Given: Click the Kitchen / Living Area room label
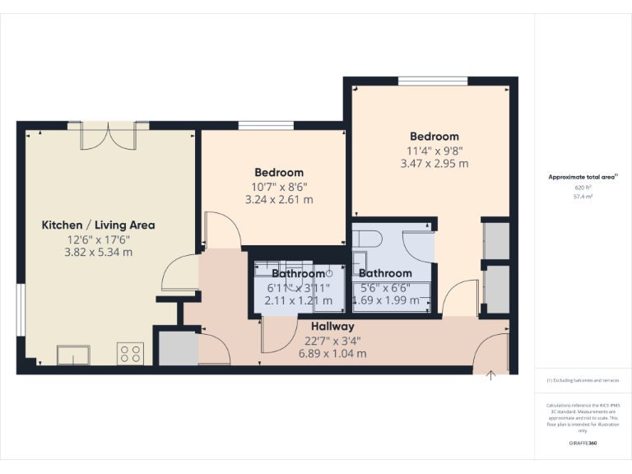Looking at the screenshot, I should pyautogui.click(x=98, y=225).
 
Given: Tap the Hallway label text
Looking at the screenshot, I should pyautogui.click(x=332, y=327).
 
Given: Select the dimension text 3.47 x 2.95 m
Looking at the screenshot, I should pyautogui.click(x=434, y=164).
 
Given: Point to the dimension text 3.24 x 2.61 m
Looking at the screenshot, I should pyautogui.click(x=279, y=199).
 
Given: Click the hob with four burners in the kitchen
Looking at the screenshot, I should pyautogui.click(x=130, y=354).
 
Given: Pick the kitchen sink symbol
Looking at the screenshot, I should pyautogui.click(x=73, y=355).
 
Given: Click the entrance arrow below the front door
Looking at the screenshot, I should pyautogui.click(x=491, y=377).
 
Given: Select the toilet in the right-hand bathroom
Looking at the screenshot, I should pyautogui.click(x=367, y=239).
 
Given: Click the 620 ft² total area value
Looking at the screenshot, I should pyautogui.click(x=583, y=188).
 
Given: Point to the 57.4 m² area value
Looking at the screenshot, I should pyautogui.click(x=583, y=197).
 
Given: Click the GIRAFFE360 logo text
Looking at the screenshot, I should pyautogui.click(x=583, y=444).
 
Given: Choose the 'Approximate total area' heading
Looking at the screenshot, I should pyautogui.click(x=582, y=177).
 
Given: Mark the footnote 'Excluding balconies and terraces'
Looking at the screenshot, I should pyautogui.click(x=582, y=380).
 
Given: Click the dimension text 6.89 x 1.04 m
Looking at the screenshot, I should pyautogui.click(x=332, y=353).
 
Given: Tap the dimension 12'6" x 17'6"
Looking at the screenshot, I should pyautogui.click(x=98, y=239).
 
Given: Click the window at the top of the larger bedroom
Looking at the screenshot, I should pyautogui.click(x=422, y=81).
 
